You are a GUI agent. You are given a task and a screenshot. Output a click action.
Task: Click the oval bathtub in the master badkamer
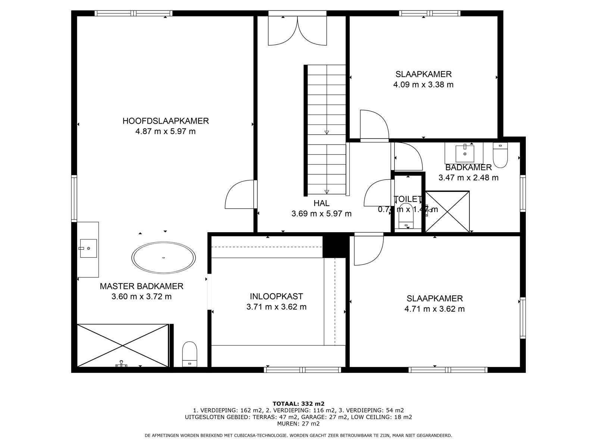(163, 258)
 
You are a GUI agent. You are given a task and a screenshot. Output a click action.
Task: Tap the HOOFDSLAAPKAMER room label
(165, 121)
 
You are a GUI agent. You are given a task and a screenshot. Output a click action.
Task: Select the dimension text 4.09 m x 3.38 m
(423, 85)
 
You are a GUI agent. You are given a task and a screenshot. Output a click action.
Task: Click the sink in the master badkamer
(88, 248)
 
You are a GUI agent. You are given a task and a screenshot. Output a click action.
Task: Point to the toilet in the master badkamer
(190, 354)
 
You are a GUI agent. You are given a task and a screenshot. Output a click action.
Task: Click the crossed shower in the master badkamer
(123, 345)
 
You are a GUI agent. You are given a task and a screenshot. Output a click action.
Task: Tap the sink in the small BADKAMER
(465, 153)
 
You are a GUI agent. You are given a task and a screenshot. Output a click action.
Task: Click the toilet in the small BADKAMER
(500, 155)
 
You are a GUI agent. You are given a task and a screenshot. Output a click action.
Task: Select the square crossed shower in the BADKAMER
(447, 212)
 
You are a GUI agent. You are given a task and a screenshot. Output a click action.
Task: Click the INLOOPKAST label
(276, 296)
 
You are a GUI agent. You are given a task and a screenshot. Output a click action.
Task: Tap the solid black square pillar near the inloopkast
(334, 246)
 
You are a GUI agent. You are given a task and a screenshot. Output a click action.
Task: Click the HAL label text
(321, 203)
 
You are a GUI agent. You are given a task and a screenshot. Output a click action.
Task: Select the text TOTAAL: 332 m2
(298, 404)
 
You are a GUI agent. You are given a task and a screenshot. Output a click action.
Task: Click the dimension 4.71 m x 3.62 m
(434, 309)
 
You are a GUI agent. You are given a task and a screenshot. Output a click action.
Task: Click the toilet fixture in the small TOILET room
(406, 216)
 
